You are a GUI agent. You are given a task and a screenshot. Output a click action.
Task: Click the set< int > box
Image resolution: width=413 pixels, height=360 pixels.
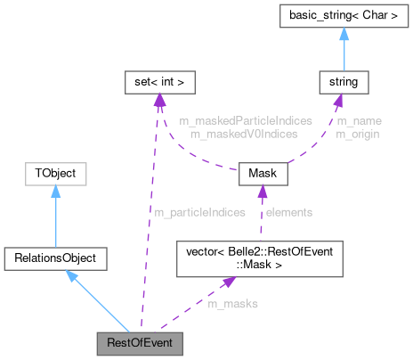pyautogui.click(x=158, y=83)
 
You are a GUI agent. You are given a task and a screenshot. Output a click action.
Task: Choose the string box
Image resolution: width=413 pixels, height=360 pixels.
pyautogui.click(x=344, y=83)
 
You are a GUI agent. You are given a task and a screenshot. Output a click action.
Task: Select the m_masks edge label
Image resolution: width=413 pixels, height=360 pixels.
pyautogui.click(x=232, y=304)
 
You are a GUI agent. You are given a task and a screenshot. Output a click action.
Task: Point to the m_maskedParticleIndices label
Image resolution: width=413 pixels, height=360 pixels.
pyautogui.click(x=233, y=120)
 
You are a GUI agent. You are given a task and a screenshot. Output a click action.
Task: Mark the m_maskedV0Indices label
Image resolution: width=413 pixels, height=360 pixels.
pyautogui.click(x=233, y=133)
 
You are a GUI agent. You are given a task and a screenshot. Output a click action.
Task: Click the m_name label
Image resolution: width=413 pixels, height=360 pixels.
pyautogui.click(x=354, y=120)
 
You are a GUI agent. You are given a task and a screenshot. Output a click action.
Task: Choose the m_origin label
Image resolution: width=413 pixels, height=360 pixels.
pyautogui.click(x=354, y=133)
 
